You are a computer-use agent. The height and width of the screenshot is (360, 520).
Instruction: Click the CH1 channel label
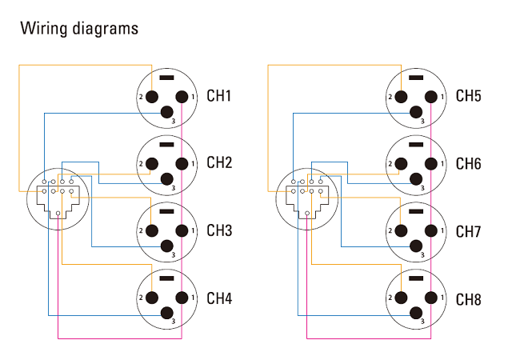click(218, 96)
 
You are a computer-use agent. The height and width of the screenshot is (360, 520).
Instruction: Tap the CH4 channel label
click(219, 298)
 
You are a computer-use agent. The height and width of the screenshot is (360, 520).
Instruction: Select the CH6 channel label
click(468, 163)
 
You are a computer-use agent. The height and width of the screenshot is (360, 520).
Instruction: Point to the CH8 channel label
click(468, 299)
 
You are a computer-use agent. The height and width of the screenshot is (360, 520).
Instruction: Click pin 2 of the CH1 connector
click(152, 97)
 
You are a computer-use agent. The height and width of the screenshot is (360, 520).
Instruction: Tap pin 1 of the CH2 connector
click(182, 164)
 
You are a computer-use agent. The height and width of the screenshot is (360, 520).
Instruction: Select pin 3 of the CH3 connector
click(167, 246)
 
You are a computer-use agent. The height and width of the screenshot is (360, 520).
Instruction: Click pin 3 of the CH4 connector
click(167, 313)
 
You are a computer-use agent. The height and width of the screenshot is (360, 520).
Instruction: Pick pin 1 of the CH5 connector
click(430, 97)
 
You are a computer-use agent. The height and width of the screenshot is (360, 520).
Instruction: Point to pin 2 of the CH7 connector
click(401, 230)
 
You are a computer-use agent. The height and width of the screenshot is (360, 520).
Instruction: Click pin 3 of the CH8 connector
click(416, 313)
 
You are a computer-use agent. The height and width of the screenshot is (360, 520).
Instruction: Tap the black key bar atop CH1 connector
click(167, 78)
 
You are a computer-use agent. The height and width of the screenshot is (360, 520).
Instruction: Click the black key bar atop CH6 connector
click(416, 145)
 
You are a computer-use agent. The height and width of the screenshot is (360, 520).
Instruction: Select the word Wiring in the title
click(44, 29)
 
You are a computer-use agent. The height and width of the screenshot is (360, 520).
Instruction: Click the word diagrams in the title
click(105, 29)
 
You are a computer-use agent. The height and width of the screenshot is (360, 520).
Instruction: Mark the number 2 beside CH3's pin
click(141, 230)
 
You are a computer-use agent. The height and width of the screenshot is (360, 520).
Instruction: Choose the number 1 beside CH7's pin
click(442, 230)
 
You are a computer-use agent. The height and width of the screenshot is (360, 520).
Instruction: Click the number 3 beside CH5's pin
click(422, 122)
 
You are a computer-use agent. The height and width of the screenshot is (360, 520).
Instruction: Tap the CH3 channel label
click(219, 230)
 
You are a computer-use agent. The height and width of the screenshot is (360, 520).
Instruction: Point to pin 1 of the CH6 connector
click(430, 164)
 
